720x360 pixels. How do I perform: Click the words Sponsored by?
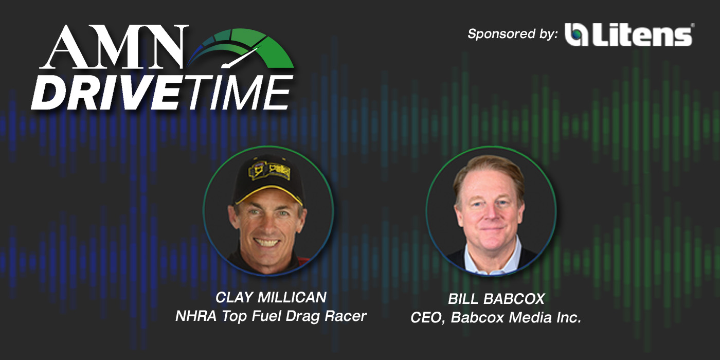click(512, 34)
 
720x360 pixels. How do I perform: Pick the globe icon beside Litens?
click(577, 35)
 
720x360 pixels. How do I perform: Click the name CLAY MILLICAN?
click(271, 297)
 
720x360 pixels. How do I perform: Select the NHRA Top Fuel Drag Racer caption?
click(271, 316)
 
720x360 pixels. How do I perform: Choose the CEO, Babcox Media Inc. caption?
click(496, 318)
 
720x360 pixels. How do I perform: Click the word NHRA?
click(196, 316)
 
